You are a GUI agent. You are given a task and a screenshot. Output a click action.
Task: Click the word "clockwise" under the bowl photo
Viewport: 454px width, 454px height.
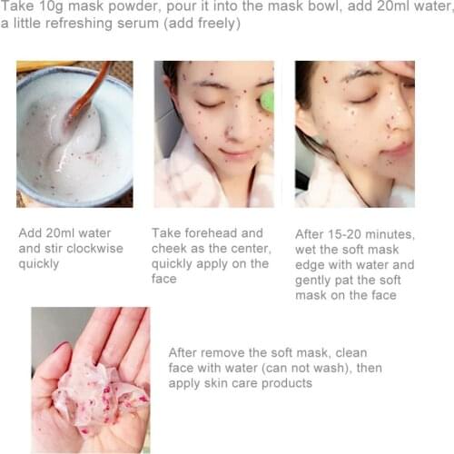click(x=85, y=248)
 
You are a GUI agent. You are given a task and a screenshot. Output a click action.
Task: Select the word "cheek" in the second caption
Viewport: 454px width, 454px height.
click(x=171, y=248)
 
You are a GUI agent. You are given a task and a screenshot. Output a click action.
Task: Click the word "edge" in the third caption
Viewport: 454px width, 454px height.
click(x=314, y=265)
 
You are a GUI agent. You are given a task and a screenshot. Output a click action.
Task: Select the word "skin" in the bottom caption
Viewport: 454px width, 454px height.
click(x=223, y=383)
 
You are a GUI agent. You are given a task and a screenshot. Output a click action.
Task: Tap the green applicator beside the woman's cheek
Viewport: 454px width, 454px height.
click(x=267, y=100)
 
